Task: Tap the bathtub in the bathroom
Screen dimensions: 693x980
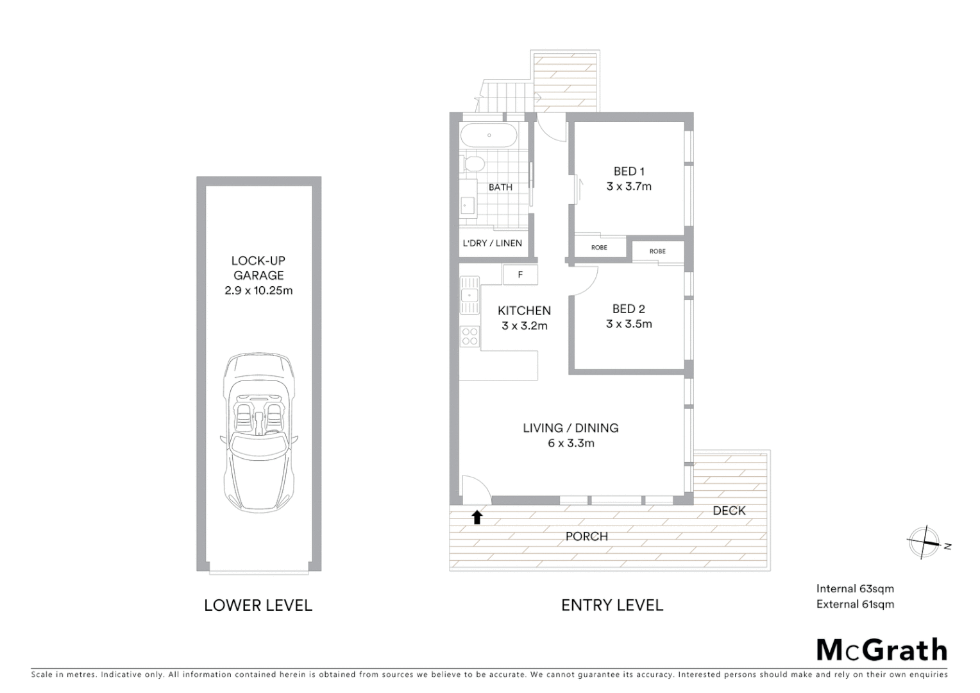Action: [488, 135]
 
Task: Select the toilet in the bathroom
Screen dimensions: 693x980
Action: [473, 164]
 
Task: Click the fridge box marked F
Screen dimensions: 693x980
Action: [520, 275]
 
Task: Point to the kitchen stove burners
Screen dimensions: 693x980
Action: [469, 337]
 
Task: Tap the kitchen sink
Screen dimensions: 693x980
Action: [469, 295]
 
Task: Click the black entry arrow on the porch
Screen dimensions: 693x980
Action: [477, 517]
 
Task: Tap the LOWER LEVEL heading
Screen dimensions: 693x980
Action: [258, 605]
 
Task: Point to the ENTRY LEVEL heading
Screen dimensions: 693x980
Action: [612, 605]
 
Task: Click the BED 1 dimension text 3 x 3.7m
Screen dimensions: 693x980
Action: [629, 187]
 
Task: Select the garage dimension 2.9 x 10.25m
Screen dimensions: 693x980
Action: [258, 290]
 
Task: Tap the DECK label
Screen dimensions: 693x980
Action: [729, 511]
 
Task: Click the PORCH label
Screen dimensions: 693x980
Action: [586, 536]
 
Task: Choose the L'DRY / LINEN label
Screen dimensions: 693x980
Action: [493, 243]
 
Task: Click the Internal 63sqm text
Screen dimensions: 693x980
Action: [854, 588]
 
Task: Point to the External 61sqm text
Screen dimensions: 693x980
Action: [854, 604]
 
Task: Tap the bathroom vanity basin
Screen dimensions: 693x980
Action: [467, 205]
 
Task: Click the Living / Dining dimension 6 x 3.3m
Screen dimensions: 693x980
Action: [571, 443]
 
